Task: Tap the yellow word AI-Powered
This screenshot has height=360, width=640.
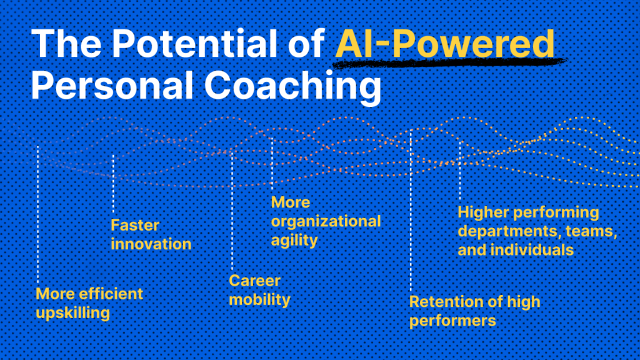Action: pos(445,44)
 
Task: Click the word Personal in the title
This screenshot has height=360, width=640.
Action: pos(112,85)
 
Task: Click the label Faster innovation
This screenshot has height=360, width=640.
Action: pos(151,235)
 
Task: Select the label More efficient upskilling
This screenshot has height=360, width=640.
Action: pos(89,303)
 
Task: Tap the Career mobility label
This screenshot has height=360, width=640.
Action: pos(259,290)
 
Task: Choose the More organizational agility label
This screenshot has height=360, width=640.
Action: pos(326,221)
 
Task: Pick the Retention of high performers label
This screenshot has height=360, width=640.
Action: pos(475,311)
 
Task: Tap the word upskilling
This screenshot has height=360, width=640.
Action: pos(73,313)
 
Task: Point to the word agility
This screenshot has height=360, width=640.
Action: pos(294,241)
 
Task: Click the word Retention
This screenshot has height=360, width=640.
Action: pos(446,302)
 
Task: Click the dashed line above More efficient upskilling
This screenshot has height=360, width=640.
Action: pos(38,214)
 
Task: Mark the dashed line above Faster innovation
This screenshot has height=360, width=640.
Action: pos(114,184)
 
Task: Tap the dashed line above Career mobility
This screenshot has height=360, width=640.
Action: pos(232,211)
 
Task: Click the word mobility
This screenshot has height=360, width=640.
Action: pos(259,300)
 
